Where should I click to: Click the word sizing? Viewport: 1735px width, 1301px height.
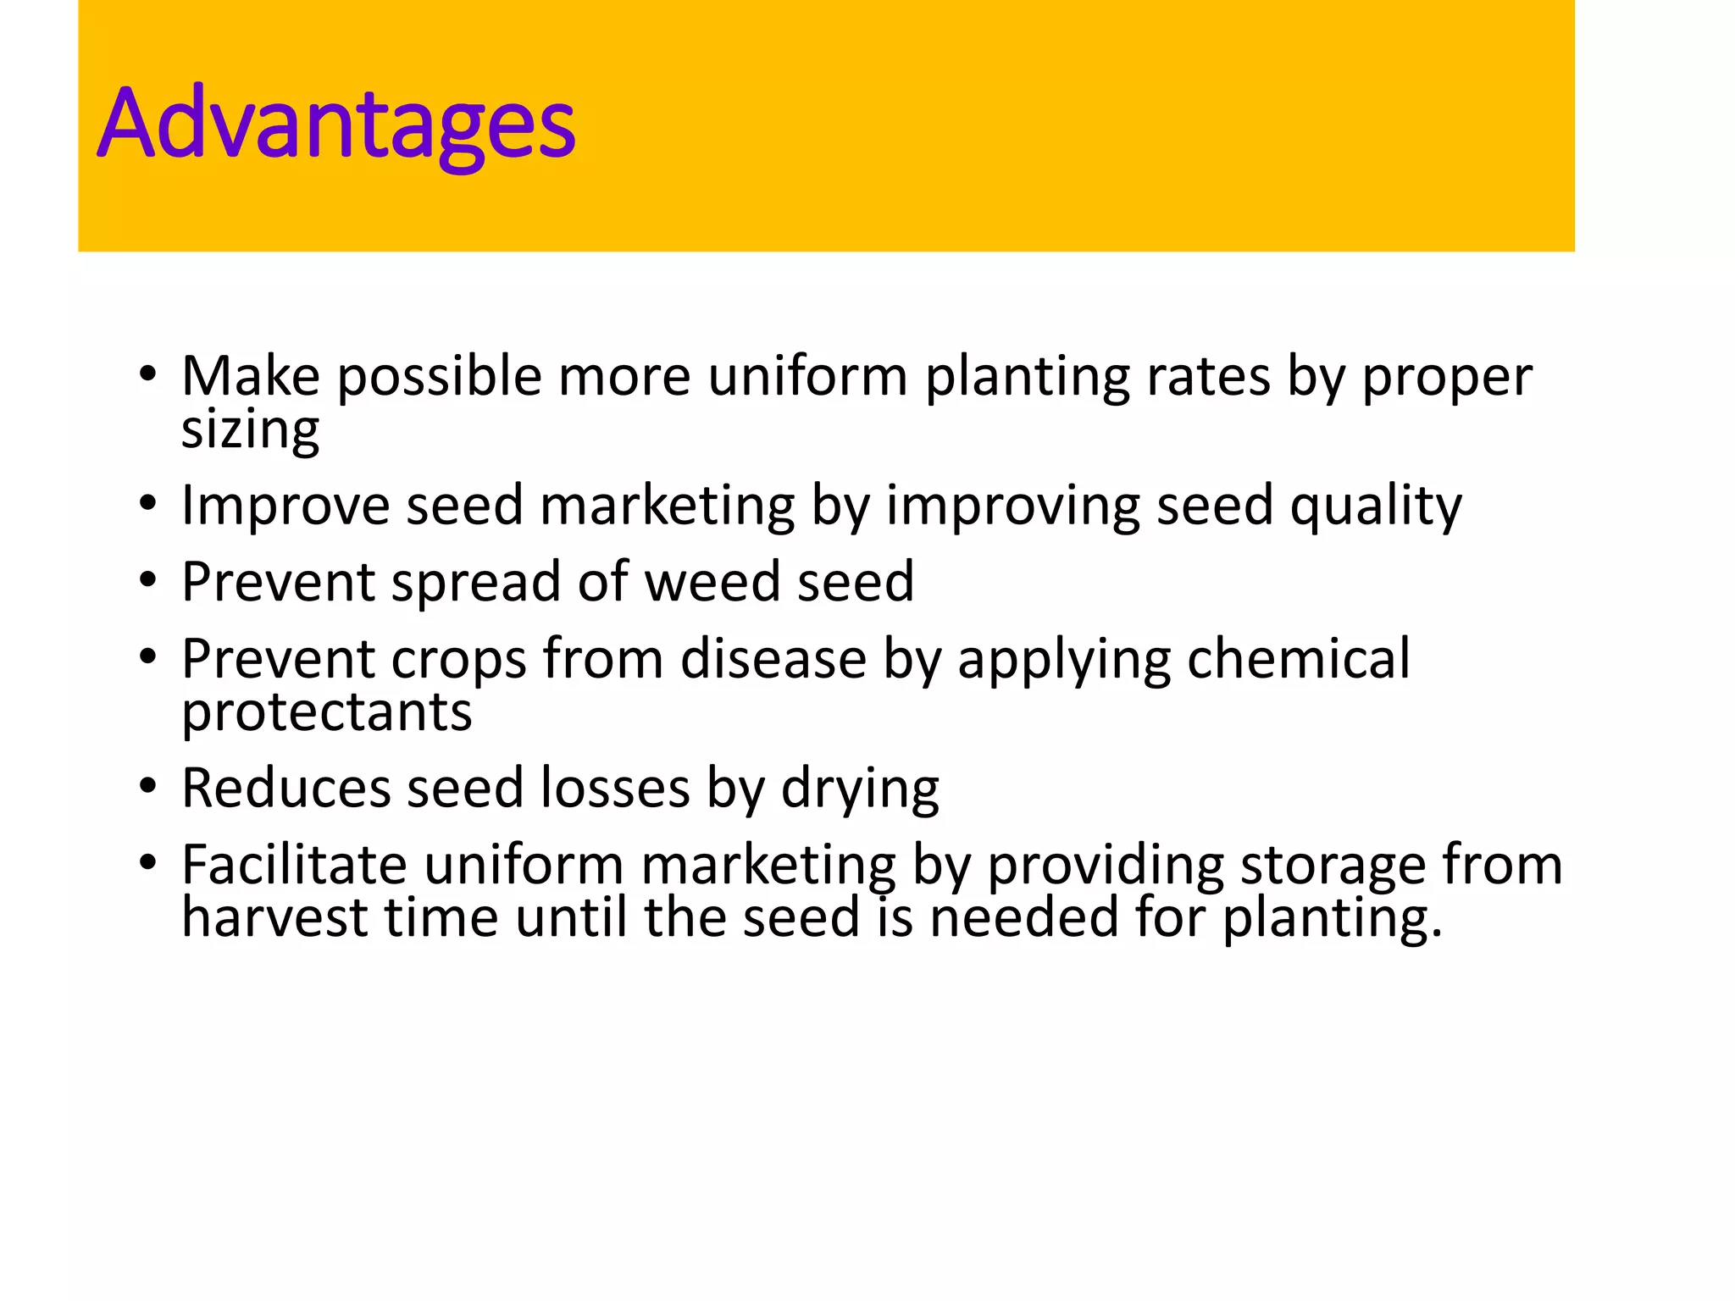tap(250, 429)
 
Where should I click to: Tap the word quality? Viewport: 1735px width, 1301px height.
tap(1376, 506)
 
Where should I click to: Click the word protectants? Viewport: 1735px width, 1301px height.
tap(326, 711)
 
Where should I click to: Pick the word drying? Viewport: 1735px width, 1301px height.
tap(859, 789)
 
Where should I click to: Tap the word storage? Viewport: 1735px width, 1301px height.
tap(1333, 865)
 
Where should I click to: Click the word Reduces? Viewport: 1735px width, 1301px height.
tap(285, 789)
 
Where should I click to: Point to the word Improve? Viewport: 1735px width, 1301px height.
tap(285, 506)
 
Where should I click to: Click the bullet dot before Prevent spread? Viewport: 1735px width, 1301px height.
tap(148, 581)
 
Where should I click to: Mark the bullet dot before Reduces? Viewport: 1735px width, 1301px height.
tap(148, 787)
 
